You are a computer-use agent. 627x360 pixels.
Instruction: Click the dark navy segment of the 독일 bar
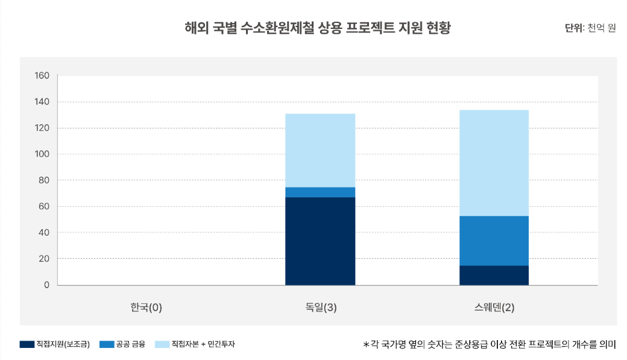click(320, 241)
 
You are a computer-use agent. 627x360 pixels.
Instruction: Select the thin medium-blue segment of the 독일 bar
click(320, 192)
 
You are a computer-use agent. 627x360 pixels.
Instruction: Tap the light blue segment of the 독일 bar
click(320, 150)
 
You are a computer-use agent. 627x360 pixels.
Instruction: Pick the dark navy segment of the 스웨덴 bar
click(494, 275)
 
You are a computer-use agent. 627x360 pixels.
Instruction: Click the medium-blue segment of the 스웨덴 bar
click(494, 241)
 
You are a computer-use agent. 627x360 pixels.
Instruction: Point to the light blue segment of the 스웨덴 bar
click(494, 163)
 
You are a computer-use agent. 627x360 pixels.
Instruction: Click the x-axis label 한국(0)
click(146, 308)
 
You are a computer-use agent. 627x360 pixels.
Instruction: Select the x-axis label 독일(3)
click(320, 308)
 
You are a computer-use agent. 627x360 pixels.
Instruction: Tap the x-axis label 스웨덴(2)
click(494, 308)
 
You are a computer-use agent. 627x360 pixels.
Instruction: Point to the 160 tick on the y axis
click(42, 76)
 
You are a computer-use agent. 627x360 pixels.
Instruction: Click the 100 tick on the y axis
click(42, 154)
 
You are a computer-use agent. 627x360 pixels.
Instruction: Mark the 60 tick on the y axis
click(43, 206)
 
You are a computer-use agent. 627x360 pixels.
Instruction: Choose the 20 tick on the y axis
click(43, 259)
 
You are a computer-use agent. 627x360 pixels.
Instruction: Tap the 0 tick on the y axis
click(46, 285)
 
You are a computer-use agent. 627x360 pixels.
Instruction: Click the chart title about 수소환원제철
click(318, 28)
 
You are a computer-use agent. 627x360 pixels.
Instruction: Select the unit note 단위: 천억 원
click(590, 28)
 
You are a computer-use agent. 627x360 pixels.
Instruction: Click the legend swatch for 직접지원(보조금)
click(27, 344)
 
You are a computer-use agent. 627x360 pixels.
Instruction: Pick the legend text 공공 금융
click(130, 344)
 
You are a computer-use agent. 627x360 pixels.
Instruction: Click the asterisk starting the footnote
click(365, 345)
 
